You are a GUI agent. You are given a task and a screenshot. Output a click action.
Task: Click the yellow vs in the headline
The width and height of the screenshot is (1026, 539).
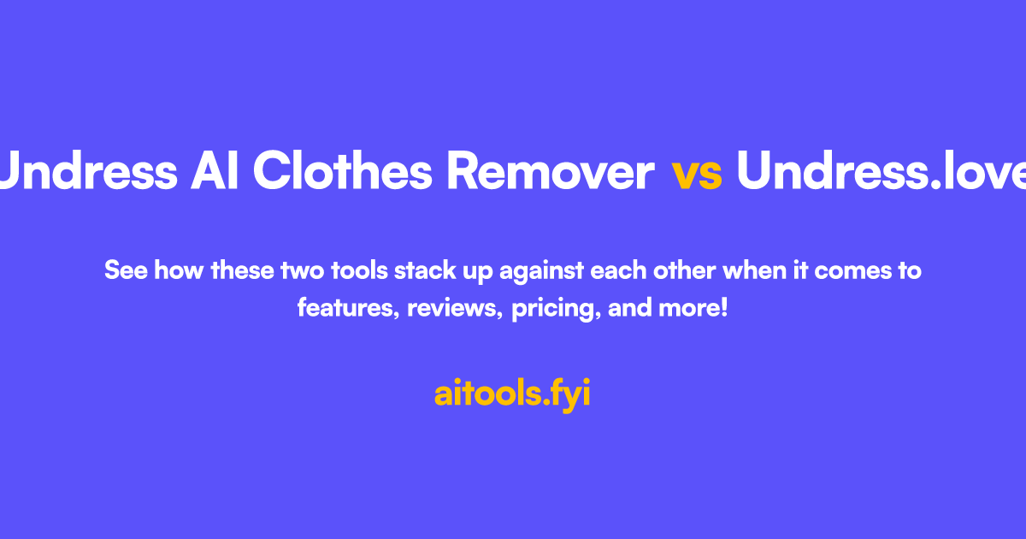click(x=697, y=174)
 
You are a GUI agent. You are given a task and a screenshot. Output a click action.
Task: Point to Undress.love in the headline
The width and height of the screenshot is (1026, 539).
click(x=881, y=173)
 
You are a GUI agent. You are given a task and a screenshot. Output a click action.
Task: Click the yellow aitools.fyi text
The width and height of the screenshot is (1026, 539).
click(x=513, y=394)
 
